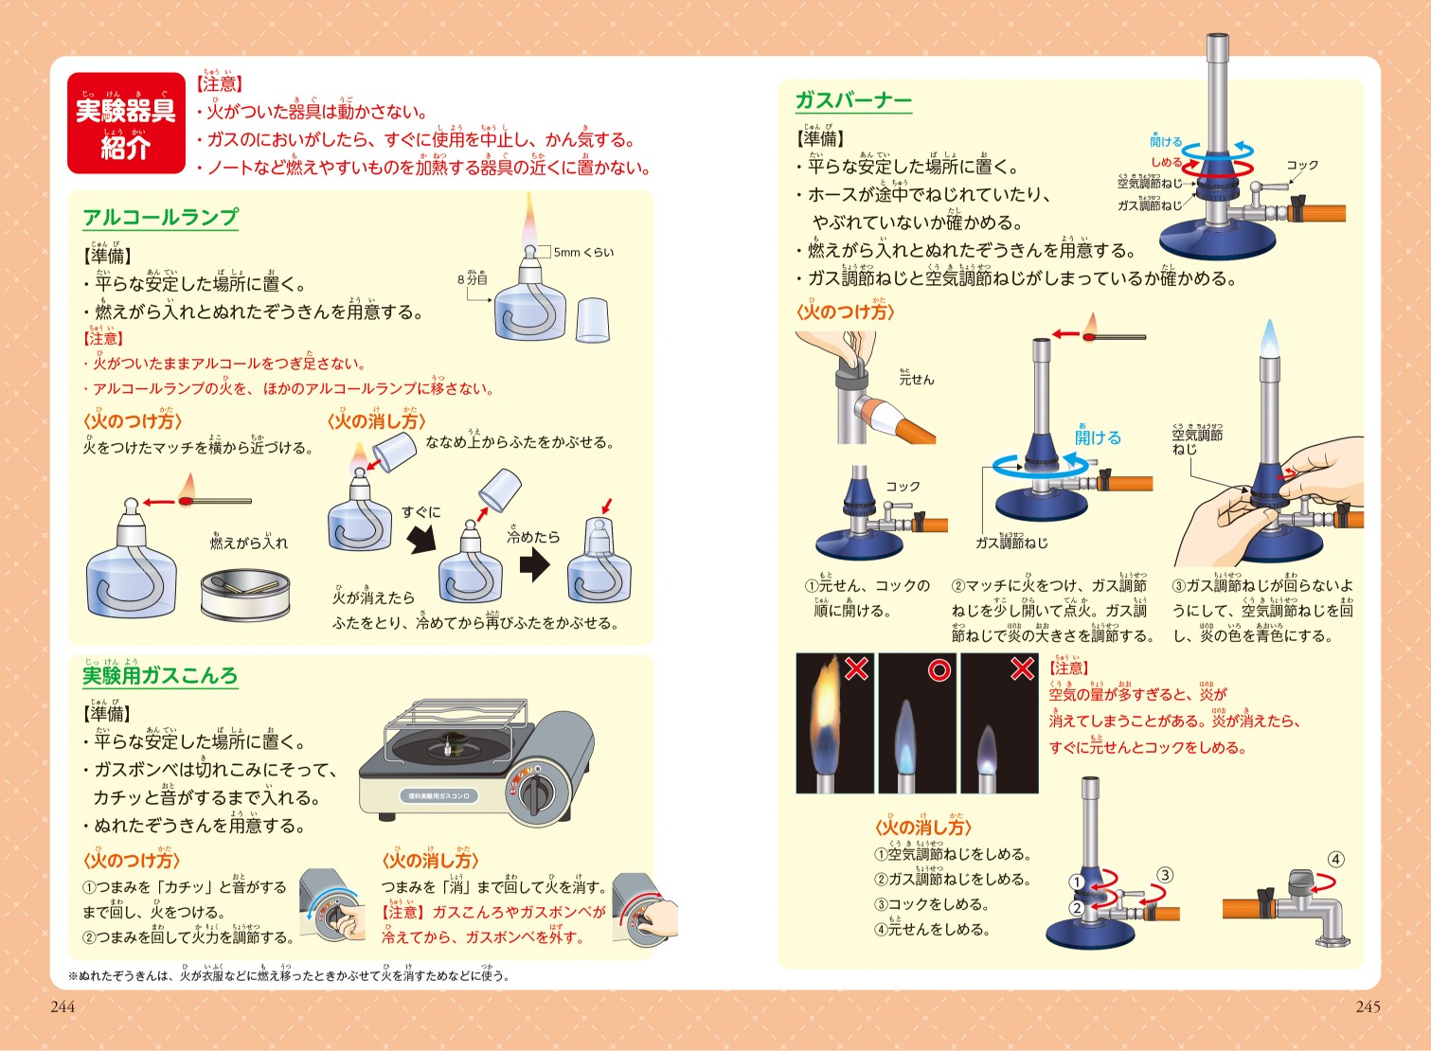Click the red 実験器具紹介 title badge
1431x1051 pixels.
click(x=126, y=124)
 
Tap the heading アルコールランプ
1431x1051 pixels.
click(x=160, y=217)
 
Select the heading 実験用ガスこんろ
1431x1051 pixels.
click(x=160, y=675)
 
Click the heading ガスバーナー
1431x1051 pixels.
click(x=853, y=100)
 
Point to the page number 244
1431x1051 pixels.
click(x=63, y=1006)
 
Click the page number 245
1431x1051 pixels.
click(x=1368, y=1006)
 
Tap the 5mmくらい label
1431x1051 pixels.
click(x=583, y=252)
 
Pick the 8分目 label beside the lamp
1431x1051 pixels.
click(x=473, y=279)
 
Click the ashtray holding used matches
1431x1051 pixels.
click(x=244, y=593)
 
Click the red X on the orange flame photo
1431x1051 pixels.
click(x=856, y=668)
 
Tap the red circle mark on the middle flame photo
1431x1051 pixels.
click(x=939, y=670)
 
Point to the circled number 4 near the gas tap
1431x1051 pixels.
click(x=1335, y=860)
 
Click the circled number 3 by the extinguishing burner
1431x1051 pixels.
click(x=1165, y=875)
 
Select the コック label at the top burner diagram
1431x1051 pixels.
click(x=1302, y=165)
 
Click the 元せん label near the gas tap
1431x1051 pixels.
click(x=916, y=379)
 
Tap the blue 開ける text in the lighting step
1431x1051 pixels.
click(x=1098, y=437)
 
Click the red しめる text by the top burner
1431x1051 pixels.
click(x=1166, y=162)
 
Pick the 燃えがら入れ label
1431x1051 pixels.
click(x=248, y=543)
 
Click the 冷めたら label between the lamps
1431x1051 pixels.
click(x=533, y=536)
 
